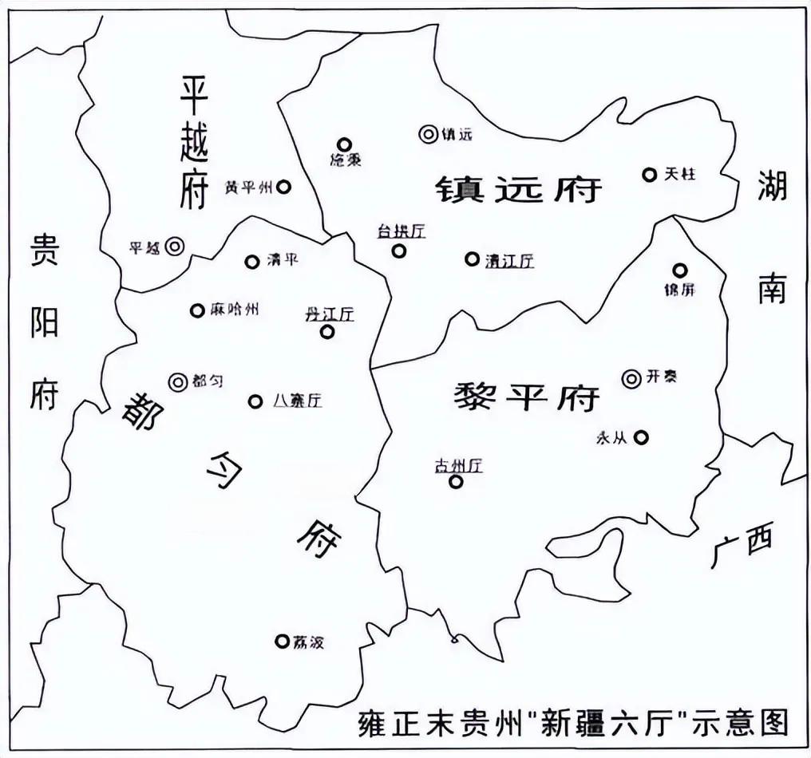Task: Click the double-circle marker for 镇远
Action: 429,134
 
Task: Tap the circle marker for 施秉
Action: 345,144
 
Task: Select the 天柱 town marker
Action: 649,174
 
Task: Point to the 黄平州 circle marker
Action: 283,187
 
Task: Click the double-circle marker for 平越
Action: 175,247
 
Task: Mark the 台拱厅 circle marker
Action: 398,251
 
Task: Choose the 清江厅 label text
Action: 509,259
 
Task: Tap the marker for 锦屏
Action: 679,270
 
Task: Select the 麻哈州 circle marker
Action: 196,310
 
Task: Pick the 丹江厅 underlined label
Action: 329,314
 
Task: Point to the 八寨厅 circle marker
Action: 255,401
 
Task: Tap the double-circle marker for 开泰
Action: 631,378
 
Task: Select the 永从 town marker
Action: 641,436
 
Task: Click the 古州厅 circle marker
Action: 456,481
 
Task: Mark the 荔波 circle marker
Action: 282,640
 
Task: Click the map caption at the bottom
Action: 572,722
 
